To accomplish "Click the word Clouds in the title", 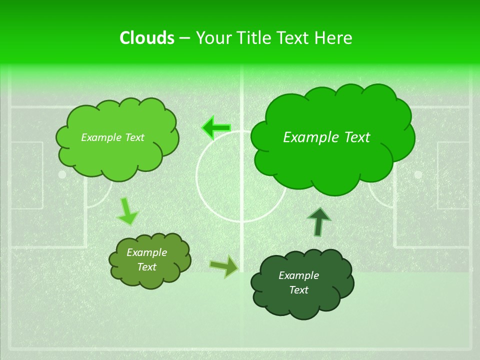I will click(146, 38).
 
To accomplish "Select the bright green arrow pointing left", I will click(216, 128).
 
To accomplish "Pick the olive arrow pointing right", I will click(224, 266).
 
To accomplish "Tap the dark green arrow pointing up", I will click(318, 221).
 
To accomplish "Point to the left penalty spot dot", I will click(62, 174).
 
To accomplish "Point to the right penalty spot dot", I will click(418, 174).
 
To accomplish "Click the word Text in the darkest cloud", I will click(298, 290).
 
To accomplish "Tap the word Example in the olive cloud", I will click(146, 252).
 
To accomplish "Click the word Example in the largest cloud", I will click(307, 137).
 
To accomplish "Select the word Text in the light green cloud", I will click(133, 137).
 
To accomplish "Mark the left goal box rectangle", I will click(26, 175).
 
